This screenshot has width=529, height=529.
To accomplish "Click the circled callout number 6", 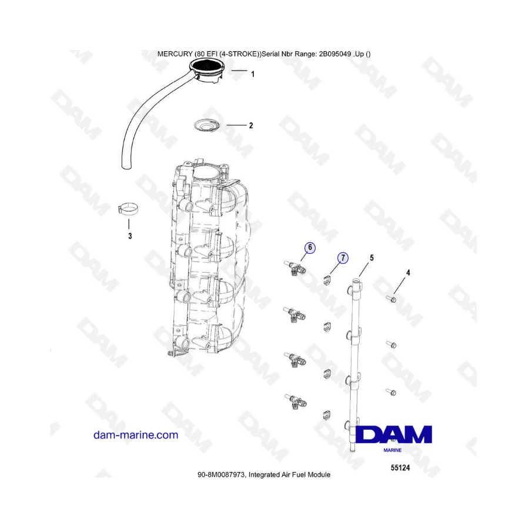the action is [310, 247].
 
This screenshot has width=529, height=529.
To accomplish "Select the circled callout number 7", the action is [343, 258].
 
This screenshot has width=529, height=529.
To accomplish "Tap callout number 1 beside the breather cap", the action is [253, 74].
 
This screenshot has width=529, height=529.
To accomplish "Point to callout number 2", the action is [251, 126].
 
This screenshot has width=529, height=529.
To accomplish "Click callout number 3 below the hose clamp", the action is [130, 236].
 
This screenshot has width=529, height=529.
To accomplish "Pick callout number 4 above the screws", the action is [409, 273].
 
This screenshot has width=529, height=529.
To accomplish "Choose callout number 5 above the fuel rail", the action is [372, 258].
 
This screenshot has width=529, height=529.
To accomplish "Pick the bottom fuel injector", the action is [296, 401].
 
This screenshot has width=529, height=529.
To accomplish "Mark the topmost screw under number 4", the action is [391, 299].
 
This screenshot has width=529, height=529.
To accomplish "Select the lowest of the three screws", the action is [391, 392].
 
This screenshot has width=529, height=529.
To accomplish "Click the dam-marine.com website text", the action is [136, 435].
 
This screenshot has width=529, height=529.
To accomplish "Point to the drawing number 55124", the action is [400, 468].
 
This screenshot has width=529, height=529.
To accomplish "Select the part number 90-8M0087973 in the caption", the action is [222, 475].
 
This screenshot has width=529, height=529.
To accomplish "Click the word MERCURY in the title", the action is [175, 54].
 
